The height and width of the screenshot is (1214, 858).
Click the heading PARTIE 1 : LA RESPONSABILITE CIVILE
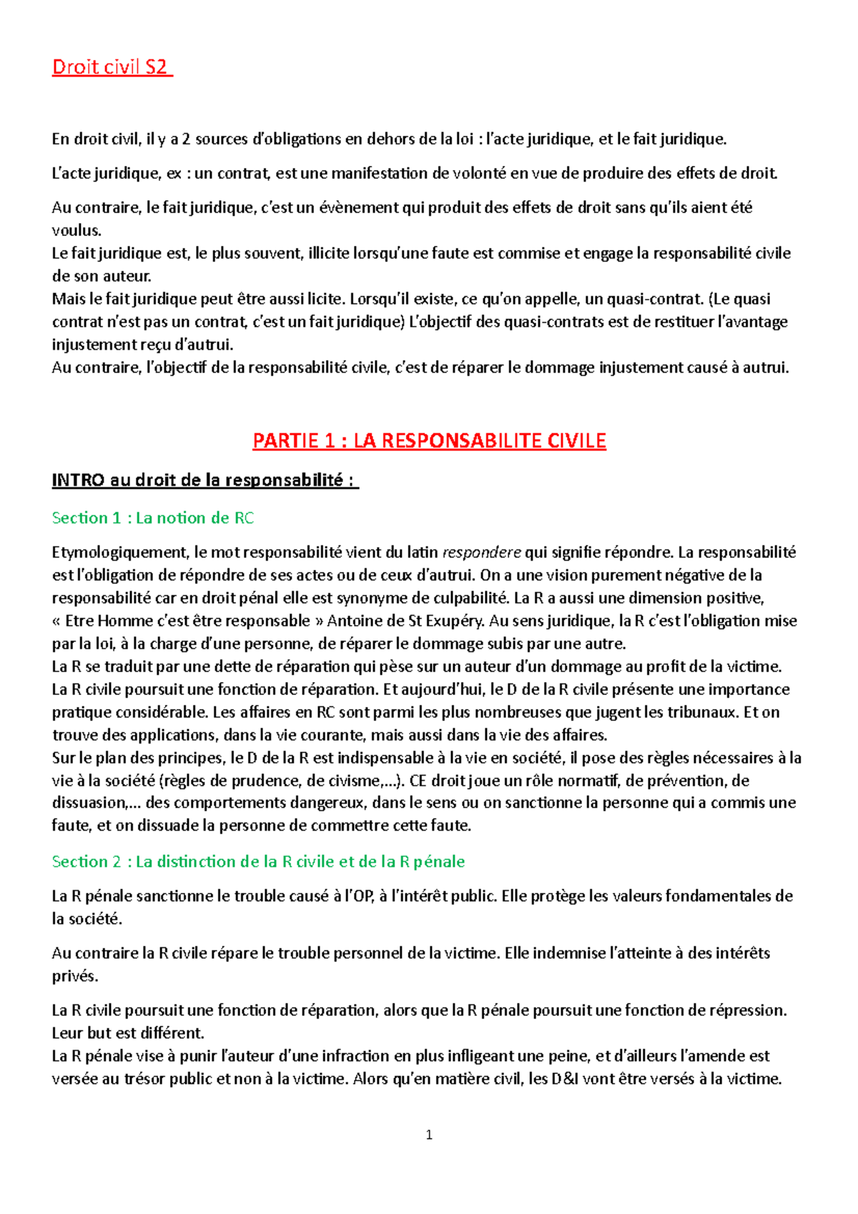pos(429,440)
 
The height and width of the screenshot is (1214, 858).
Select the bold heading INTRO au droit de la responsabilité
pos(204,480)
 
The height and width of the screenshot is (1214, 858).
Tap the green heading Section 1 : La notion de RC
pos(152,518)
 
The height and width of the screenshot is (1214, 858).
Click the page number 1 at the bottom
pos(429,1135)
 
